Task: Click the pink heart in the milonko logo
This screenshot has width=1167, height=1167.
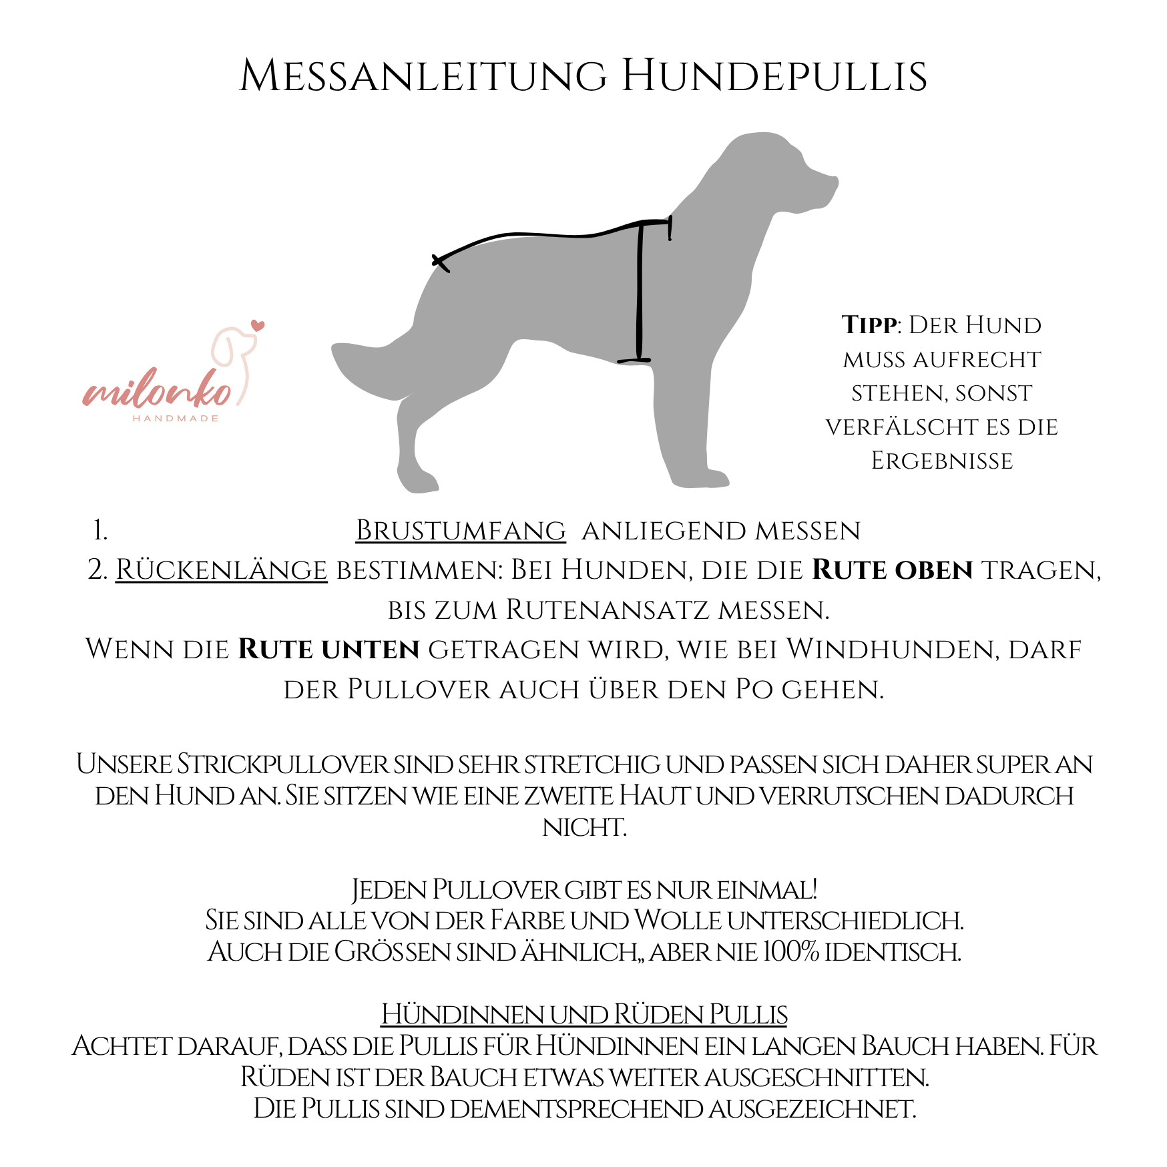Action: pos(258,326)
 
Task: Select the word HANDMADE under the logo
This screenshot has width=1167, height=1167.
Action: pos(176,419)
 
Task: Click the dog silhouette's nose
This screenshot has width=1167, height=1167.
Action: pos(834,182)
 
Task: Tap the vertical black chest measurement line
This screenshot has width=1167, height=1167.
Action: pos(640,294)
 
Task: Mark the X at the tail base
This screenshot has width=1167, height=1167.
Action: pos(441,263)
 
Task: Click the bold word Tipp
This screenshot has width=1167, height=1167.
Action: pos(869,325)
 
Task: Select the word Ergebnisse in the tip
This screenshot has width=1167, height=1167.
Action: pos(942,461)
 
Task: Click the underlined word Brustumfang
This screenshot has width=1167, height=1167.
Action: pos(461,531)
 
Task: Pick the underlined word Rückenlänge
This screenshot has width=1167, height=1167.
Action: pos(222,570)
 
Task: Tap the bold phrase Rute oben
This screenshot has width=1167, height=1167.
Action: pos(893,570)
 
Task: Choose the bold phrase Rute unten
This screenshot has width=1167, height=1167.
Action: pos(328,650)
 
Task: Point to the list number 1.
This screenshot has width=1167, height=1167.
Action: pos(100,531)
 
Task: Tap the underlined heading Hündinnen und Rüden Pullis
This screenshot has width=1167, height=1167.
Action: pos(584,1015)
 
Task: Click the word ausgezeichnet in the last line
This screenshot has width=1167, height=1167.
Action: pos(812,1109)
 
